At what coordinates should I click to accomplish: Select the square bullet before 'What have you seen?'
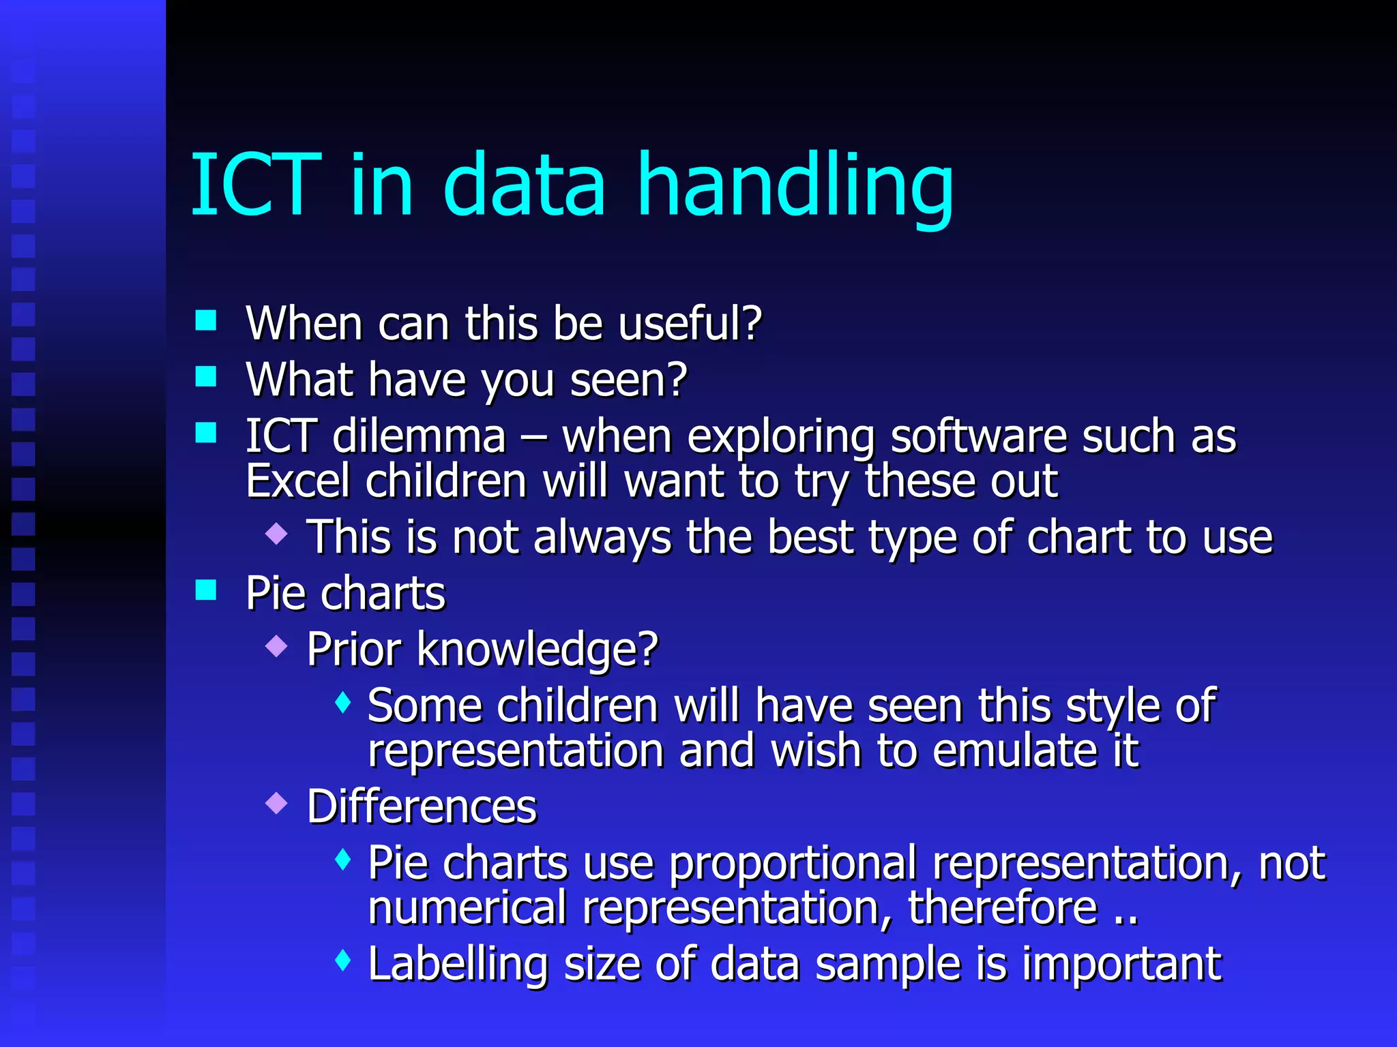point(205,376)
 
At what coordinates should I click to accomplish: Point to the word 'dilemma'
point(419,436)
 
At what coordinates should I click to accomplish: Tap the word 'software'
point(978,436)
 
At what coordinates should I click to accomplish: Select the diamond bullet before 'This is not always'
point(276,533)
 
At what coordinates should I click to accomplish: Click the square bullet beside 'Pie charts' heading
point(205,590)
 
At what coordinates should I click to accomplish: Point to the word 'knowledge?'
point(537,649)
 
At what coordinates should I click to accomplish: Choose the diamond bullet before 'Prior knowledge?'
point(276,646)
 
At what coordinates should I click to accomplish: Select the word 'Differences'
point(422,807)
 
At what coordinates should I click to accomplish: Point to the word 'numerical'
point(467,908)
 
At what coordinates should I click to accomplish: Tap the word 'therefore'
point(1003,908)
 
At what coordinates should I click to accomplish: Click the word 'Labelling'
point(458,964)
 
